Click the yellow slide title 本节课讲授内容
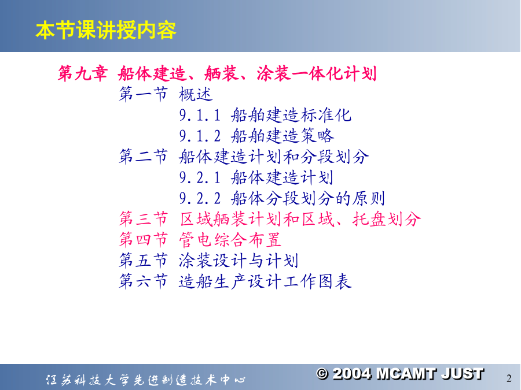point(106,30)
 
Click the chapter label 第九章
point(82,73)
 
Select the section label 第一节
point(144,94)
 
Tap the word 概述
point(196,94)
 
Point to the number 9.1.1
point(200,116)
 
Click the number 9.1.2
point(200,136)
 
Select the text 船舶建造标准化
point(291,115)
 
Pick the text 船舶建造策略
point(282,136)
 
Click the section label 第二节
point(144,157)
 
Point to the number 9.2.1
point(200,177)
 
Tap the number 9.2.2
point(200,198)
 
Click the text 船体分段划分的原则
point(308,198)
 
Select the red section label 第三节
point(144,219)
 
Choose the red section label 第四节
point(144,240)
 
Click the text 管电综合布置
point(230,240)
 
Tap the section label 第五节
point(144,261)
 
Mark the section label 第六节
point(144,281)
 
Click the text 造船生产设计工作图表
point(265,281)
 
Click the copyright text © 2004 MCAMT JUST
point(400,374)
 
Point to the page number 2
point(509,378)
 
